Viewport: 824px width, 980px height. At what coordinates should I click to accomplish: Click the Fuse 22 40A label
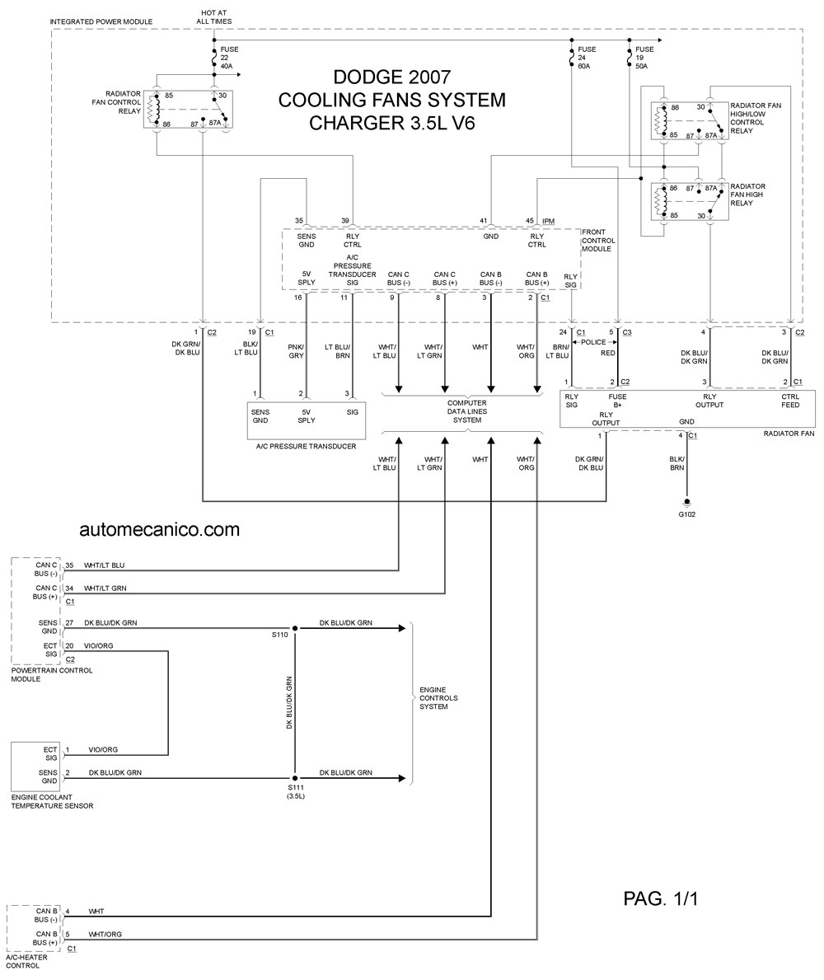tap(229, 58)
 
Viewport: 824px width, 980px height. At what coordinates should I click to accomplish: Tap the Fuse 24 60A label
tap(587, 58)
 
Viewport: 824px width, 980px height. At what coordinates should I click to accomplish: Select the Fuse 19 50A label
tap(644, 58)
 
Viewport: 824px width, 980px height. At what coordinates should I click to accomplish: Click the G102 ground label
tap(686, 514)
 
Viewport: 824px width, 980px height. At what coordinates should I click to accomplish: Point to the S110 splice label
tap(280, 635)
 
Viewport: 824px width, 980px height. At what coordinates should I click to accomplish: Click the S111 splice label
tap(296, 792)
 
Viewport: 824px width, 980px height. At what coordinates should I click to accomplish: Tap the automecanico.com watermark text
tap(159, 529)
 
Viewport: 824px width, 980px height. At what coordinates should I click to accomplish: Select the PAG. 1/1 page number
tap(660, 898)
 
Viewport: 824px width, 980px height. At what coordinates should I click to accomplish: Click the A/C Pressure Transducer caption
tap(306, 446)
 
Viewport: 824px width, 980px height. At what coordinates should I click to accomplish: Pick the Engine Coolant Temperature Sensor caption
tap(52, 801)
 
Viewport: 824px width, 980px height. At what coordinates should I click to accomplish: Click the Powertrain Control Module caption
tap(51, 674)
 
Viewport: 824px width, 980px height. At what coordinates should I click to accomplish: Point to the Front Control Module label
tap(598, 241)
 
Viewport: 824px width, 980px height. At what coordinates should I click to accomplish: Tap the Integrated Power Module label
tap(101, 22)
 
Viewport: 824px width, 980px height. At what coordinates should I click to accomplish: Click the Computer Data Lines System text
tap(466, 412)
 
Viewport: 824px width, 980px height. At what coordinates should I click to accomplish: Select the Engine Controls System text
tap(438, 698)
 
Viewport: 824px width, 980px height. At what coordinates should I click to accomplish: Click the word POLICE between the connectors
tap(593, 342)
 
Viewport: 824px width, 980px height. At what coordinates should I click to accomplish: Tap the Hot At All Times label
tap(213, 16)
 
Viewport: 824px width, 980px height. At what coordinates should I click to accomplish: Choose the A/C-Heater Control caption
tap(26, 961)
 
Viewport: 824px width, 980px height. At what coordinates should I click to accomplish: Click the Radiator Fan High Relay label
tap(748, 195)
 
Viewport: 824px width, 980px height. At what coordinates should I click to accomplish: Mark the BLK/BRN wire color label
tap(677, 463)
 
